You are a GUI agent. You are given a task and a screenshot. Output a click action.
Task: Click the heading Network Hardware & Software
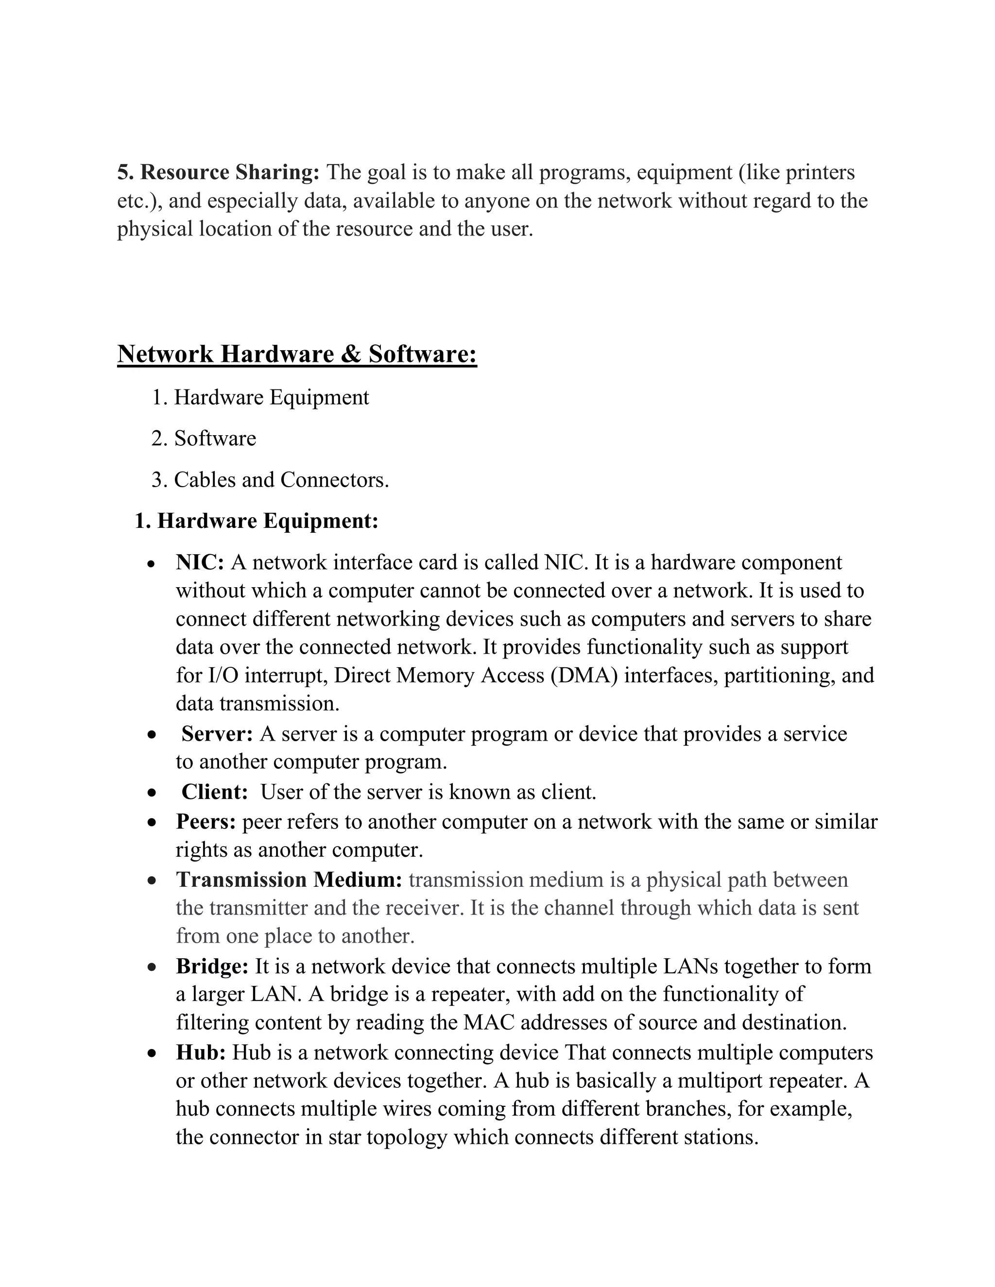[x=296, y=354]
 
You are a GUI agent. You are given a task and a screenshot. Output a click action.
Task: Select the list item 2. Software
[x=204, y=439]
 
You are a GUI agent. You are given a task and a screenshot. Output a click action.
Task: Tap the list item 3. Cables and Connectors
[x=270, y=480]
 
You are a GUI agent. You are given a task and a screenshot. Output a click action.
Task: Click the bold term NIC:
[x=199, y=562]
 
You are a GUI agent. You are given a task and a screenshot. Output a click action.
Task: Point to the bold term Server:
[x=216, y=734]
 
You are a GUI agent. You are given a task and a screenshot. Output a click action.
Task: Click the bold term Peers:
[x=205, y=821]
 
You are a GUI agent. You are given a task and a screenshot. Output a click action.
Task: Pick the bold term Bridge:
[x=212, y=966]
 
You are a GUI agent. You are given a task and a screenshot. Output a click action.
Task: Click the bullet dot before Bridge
[x=152, y=967]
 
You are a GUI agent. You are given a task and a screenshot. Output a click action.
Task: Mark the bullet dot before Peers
[x=152, y=823]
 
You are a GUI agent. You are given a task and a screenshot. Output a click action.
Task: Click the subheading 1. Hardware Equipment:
[x=256, y=521]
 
